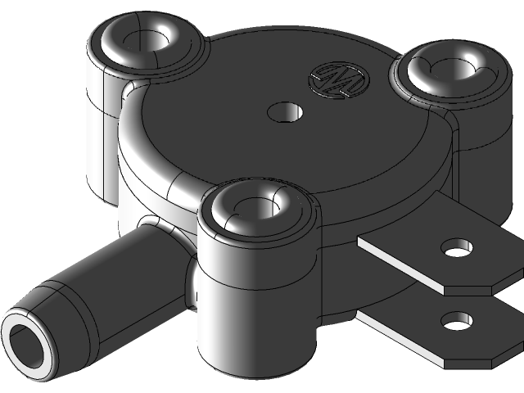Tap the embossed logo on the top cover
(x=338, y=79)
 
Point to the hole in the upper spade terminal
(x=456, y=246)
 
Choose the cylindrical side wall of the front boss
(x=246, y=303)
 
